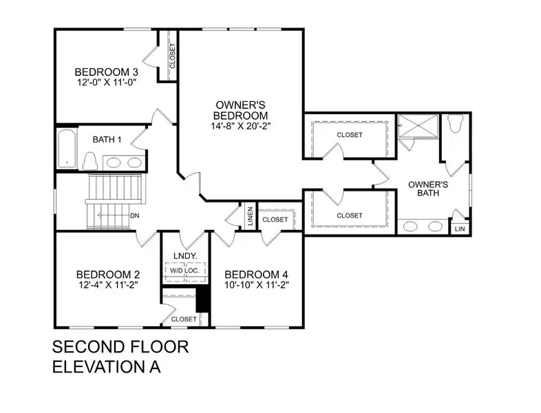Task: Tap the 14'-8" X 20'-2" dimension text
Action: click(x=240, y=126)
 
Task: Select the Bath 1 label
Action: click(x=107, y=140)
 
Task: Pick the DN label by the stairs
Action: click(x=135, y=215)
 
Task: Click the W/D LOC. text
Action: click(x=184, y=271)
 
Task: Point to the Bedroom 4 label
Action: click(x=254, y=273)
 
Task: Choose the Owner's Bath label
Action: click(x=428, y=189)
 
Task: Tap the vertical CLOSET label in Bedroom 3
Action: click(x=171, y=56)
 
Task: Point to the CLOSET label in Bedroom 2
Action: click(x=184, y=319)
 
